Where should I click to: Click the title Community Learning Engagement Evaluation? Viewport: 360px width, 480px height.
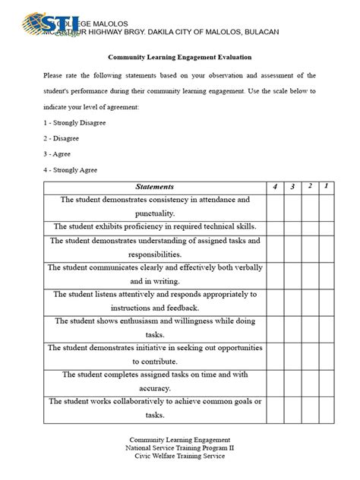pos(180,57)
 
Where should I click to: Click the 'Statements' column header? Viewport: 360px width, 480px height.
pos(154,187)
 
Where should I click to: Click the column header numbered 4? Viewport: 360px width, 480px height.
pos(275,187)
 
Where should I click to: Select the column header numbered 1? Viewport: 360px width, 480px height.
pos(326,187)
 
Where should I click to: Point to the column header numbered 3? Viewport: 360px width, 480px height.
pos(292,187)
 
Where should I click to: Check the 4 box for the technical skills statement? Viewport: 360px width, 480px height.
pos(275,226)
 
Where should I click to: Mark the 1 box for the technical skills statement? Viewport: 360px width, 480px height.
pos(326,226)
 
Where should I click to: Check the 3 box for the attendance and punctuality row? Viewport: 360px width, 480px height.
pos(292,207)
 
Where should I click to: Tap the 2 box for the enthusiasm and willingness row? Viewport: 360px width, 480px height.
pos(309,327)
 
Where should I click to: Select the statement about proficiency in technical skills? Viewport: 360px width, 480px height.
pos(154,226)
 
